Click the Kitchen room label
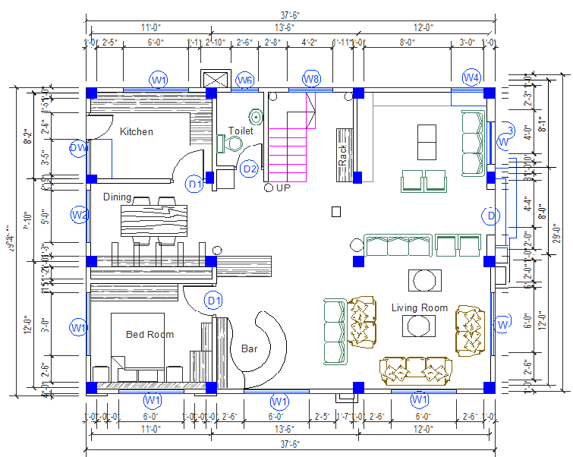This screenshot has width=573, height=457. pos(136,131)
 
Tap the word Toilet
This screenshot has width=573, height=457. pos(241,131)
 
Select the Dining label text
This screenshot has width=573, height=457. pos(117,197)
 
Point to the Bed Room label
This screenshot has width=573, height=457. pos(150,334)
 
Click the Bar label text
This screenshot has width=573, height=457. pos(249,349)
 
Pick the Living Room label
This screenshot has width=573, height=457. pos(419,307)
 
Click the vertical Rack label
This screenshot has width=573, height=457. pos(343,156)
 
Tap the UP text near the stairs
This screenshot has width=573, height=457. pos(283,188)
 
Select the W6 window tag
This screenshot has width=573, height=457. pos(244,80)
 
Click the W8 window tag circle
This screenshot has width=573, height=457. pos(312,78)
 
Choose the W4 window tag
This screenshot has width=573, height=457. pos(471,77)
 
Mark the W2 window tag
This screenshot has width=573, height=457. pos(80,215)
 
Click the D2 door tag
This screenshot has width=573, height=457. pos(250,169)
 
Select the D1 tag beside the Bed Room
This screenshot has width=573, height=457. pos(215,301)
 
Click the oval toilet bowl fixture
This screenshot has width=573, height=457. pos(257,117)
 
